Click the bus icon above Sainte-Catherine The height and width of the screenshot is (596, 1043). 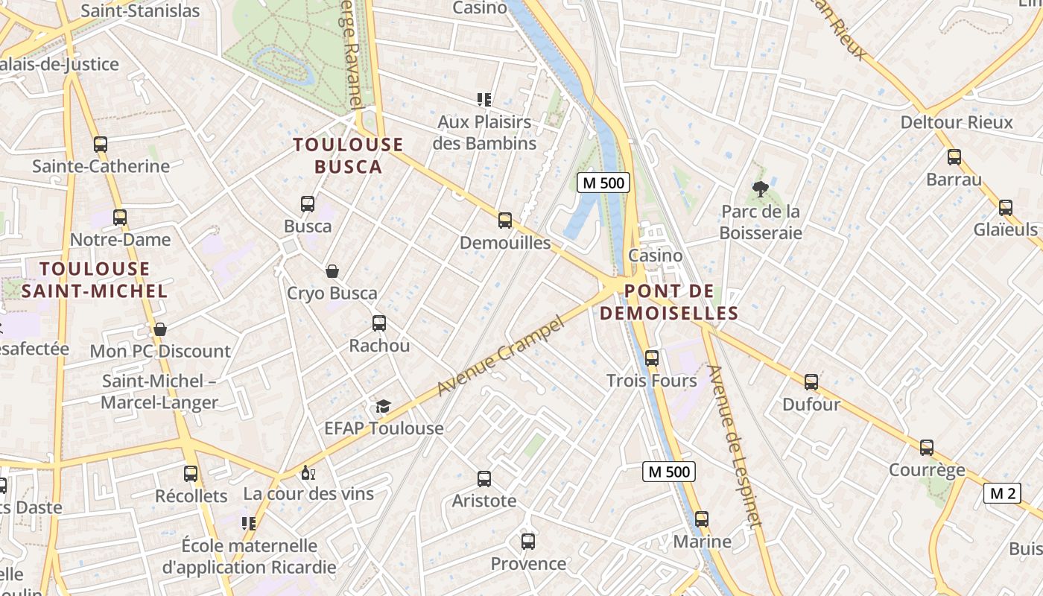pos(101,144)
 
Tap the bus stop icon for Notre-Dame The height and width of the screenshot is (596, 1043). pos(120,218)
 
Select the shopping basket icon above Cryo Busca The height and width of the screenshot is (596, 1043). pos(332,271)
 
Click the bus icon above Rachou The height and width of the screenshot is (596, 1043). pos(379,323)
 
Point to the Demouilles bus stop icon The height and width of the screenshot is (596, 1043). pos(505,221)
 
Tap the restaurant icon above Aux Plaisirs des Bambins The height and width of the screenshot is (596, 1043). pos(484,99)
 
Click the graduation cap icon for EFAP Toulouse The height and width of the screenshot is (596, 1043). pos(383,406)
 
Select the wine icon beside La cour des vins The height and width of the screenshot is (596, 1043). pos(308,472)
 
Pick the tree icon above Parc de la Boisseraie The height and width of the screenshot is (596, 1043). pos(761,189)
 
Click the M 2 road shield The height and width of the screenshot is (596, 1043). pos(1002,493)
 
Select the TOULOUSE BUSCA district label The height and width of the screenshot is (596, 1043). pos(348,156)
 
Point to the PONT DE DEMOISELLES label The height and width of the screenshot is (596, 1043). pos(668,302)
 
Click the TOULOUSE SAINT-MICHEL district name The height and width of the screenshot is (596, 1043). pos(95,279)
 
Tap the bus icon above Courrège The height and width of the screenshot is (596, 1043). pos(927,448)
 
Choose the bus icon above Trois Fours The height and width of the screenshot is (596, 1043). pos(652,358)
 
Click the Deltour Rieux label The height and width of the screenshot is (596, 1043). pos(957,122)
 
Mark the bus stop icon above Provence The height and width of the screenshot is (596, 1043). pos(528,542)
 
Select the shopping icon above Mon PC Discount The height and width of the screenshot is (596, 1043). pos(160,329)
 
